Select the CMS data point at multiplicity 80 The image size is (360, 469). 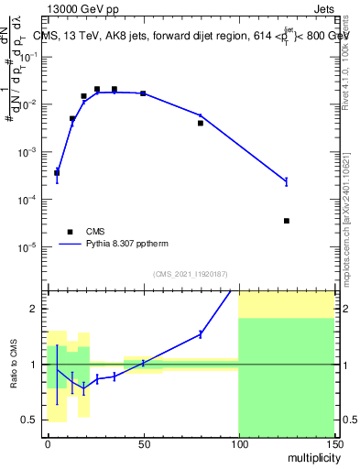pyautogui.click(x=201, y=123)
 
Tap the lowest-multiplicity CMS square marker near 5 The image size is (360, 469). pyautogui.click(x=57, y=172)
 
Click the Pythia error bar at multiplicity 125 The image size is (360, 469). pyautogui.click(x=287, y=181)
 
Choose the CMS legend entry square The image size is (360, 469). pyautogui.click(x=70, y=232)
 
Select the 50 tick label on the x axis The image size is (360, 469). pyautogui.click(x=143, y=442)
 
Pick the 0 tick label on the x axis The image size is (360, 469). pyautogui.click(x=48, y=442)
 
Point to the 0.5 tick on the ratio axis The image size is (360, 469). pyautogui.click(x=33, y=420)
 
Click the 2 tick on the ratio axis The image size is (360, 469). pyautogui.click(x=38, y=309)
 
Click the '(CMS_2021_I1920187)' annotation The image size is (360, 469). pyautogui.click(x=190, y=274)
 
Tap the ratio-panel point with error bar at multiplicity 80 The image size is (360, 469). pyautogui.click(x=201, y=334)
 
